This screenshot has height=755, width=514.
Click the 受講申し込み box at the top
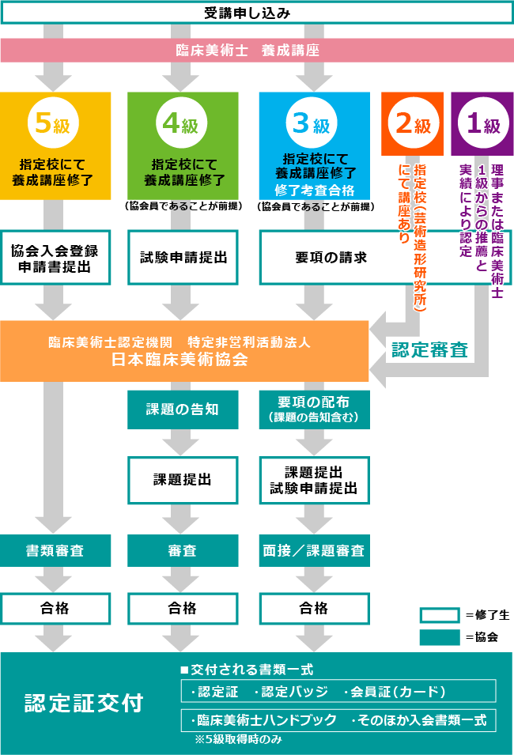256,13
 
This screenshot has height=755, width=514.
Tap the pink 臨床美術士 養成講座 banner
256,50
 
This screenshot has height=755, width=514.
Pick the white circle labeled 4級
181,124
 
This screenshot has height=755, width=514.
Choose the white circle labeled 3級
312,124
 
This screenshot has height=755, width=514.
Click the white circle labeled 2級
413,124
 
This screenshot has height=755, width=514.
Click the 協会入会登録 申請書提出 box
55,258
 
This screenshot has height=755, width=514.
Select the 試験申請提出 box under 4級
183,258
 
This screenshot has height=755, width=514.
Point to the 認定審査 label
429,349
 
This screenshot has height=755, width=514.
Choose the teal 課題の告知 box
183,410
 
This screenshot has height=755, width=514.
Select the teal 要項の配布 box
314,410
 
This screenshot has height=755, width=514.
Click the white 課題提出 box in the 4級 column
183,479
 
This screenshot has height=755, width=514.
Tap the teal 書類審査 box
55,550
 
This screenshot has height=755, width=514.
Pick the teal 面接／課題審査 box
314,550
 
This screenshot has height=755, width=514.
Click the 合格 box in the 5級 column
55,608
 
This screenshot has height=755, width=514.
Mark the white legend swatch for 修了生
439,616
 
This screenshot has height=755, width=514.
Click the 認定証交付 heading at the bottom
83,703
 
